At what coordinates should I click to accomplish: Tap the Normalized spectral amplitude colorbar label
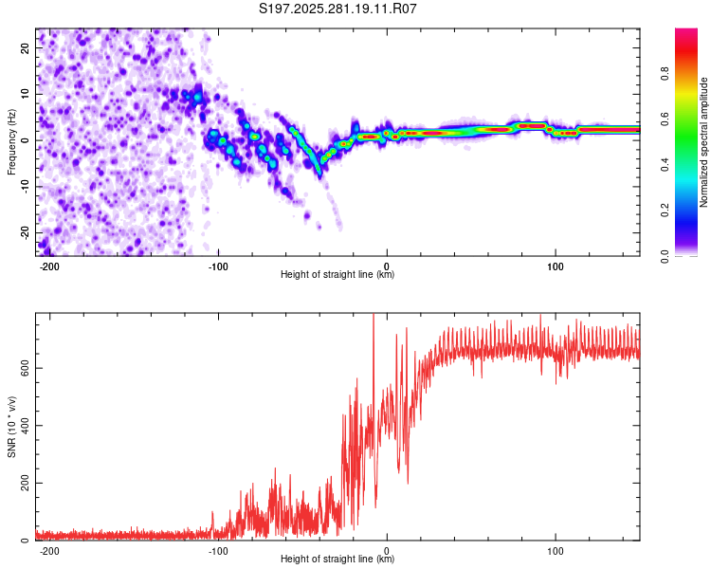coord(704,142)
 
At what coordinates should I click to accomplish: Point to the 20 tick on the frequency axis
coord(27,47)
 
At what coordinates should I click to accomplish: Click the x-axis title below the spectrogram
coord(337,275)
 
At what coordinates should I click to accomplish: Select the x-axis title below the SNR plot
coord(337,560)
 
